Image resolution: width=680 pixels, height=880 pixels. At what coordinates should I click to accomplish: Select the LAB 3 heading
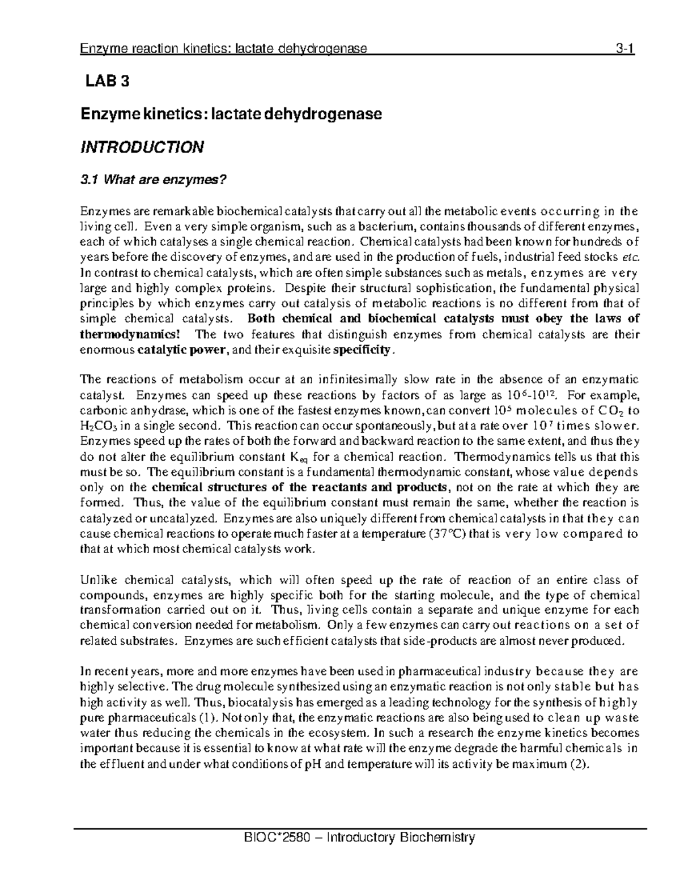click(x=107, y=82)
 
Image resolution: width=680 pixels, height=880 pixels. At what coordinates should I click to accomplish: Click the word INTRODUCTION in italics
click(x=141, y=148)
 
